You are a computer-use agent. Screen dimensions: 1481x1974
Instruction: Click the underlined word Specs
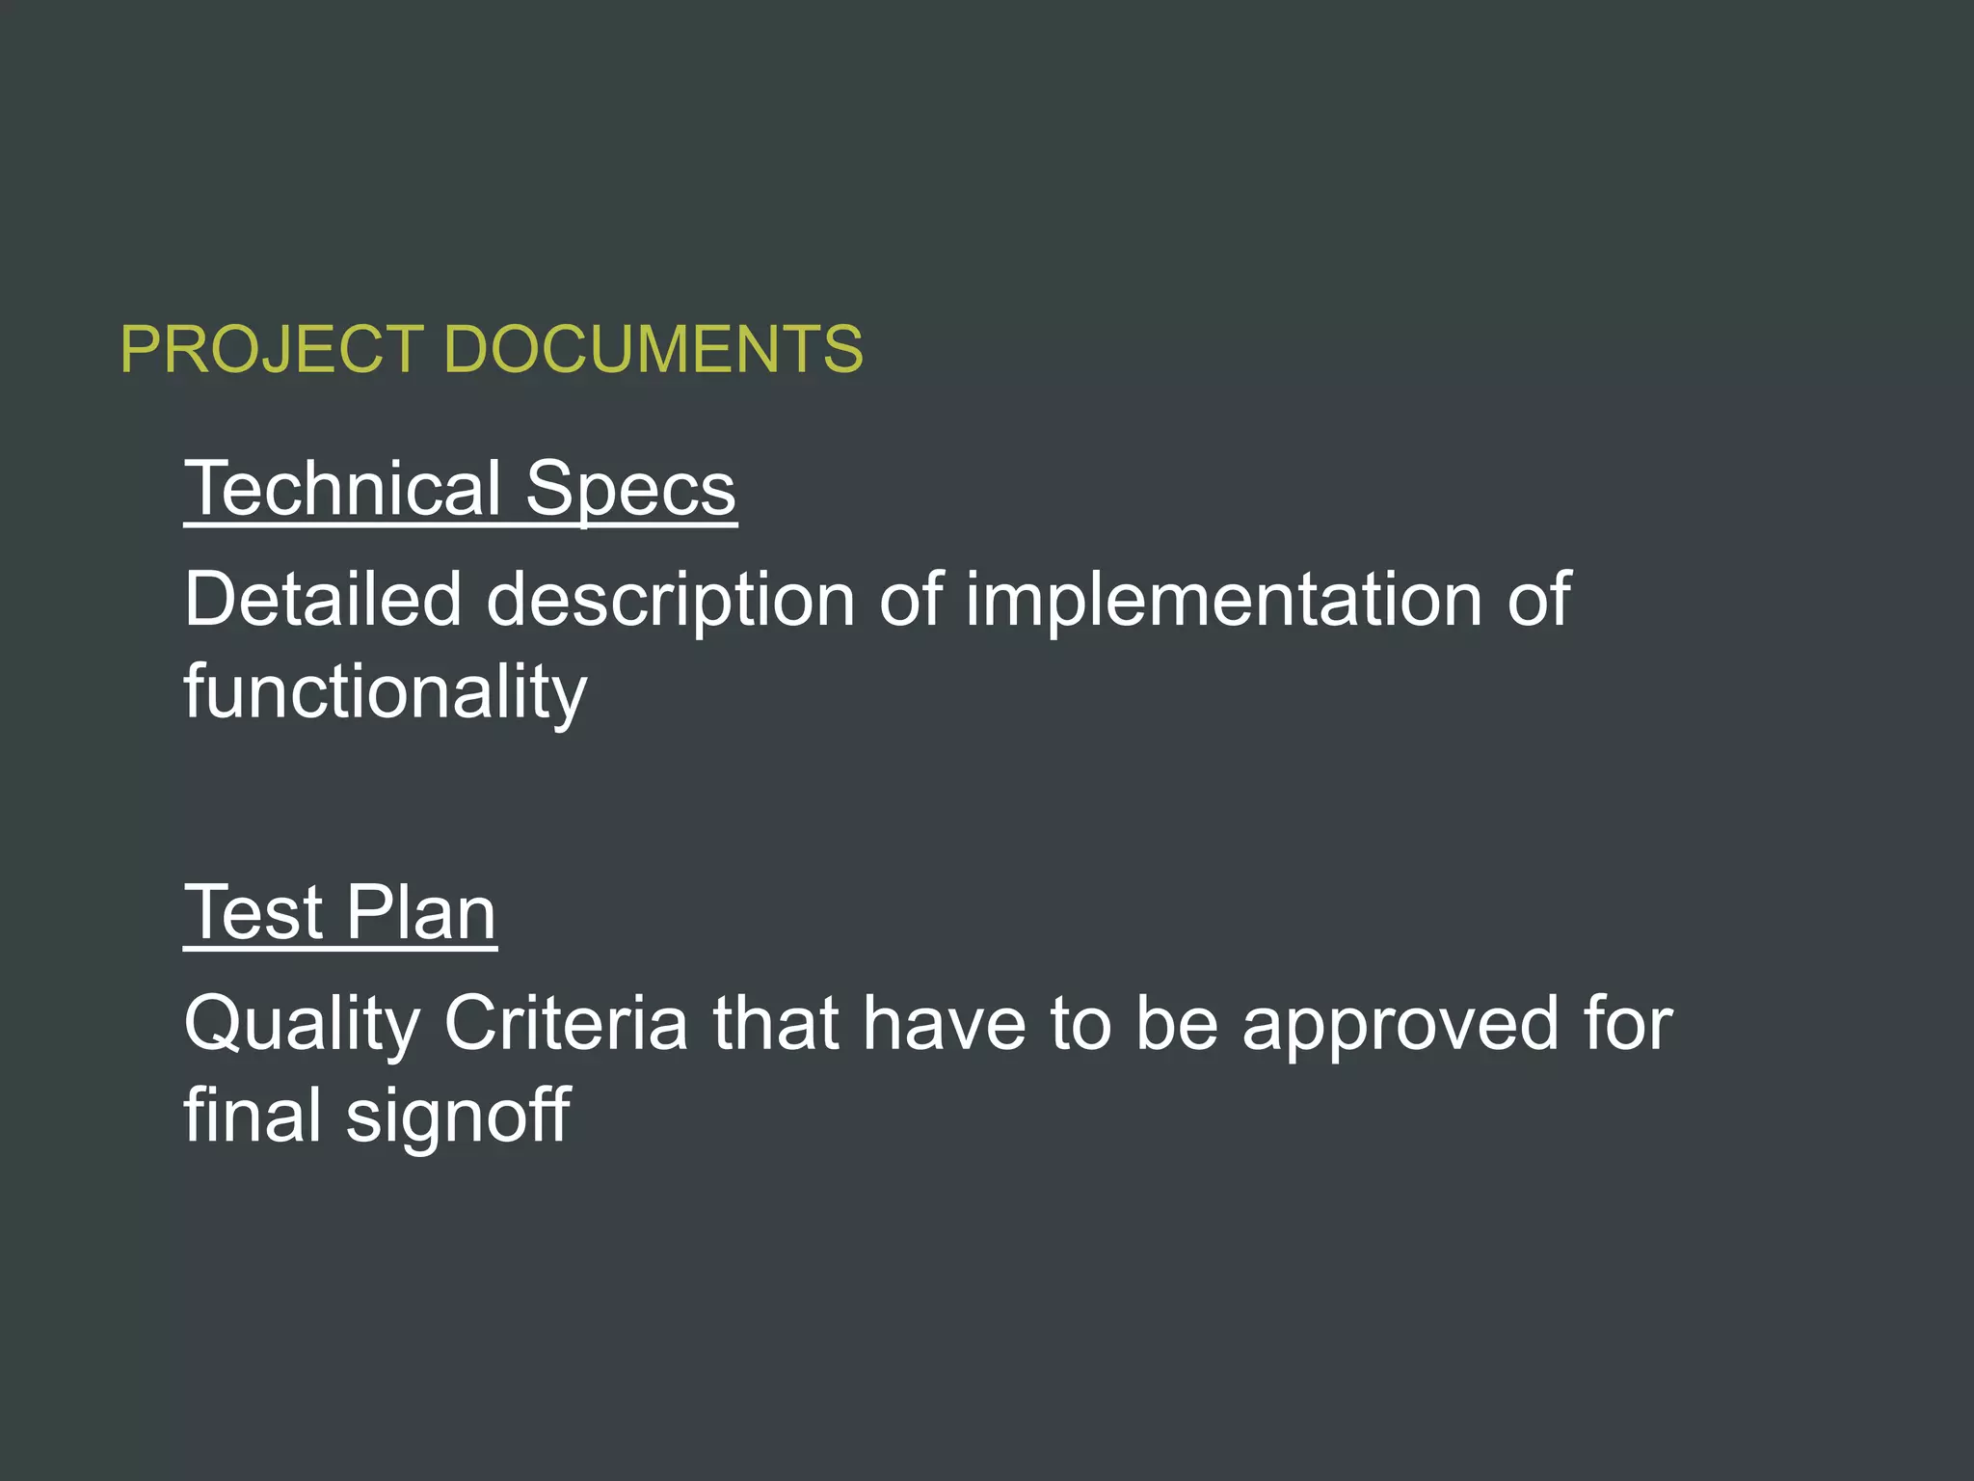[x=631, y=490]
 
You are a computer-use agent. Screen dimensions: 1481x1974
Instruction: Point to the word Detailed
[x=323, y=600]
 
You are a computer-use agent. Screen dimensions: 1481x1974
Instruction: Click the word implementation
[x=1224, y=600]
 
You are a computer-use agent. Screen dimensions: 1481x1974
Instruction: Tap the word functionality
[x=386, y=692]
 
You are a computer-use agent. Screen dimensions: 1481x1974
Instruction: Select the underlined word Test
[x=253, y=912]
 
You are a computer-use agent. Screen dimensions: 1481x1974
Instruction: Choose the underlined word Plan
[x=421, y=912]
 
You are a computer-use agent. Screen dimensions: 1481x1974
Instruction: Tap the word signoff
[x=458, y=1117]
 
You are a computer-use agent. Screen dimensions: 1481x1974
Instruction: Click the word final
[x=253, y=1115]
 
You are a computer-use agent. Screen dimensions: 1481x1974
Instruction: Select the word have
[x=945, y=1024]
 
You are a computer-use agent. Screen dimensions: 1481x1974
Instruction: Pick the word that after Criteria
[x=776, y=1024]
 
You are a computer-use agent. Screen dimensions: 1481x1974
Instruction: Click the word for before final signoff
[x=1628, y=1024]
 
